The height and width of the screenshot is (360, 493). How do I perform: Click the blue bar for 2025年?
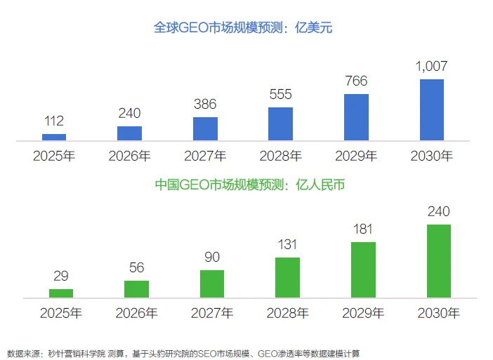click(54, 138)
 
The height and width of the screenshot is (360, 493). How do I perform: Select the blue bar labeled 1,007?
click(432, 110)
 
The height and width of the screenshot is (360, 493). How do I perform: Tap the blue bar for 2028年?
click(281, 124)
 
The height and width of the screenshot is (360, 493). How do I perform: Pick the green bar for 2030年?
click(438, 261)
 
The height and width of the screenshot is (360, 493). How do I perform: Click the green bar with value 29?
click(61, 293)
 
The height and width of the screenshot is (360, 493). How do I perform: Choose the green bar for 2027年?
click(212, 284)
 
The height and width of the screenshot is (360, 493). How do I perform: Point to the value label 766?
click(356, 81)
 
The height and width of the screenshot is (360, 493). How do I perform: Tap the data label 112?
click(54, 121)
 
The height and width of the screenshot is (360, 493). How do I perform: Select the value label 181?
click(363, 229)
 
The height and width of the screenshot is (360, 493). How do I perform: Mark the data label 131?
click(287, 245)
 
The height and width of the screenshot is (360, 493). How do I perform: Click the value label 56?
click(136, 267)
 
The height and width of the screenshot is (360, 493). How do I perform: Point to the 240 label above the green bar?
click(438, 211)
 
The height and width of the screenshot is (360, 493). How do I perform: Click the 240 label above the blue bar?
click(129, 113)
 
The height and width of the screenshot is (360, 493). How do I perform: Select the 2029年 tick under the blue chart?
click(356, 156)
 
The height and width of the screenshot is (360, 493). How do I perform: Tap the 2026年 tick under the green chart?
click(136, 312)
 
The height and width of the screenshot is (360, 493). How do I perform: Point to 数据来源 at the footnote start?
click(21, 352)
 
